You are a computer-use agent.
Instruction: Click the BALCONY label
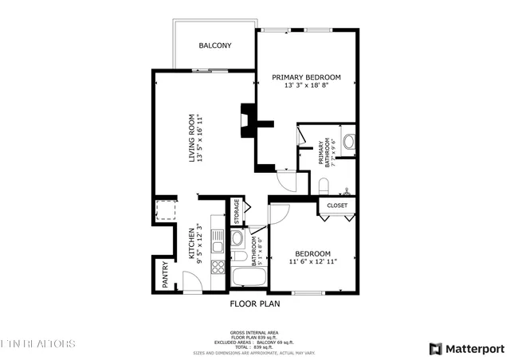coord(215,45)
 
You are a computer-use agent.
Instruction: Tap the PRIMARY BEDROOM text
coord(306,77)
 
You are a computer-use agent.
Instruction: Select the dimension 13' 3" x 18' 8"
coord(306,86)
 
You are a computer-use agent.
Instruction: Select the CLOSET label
coord(338,205)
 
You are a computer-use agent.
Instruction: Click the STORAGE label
coord(237,212)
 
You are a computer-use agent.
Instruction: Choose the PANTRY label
coord(165,276)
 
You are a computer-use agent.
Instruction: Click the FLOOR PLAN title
coord(254,303)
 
